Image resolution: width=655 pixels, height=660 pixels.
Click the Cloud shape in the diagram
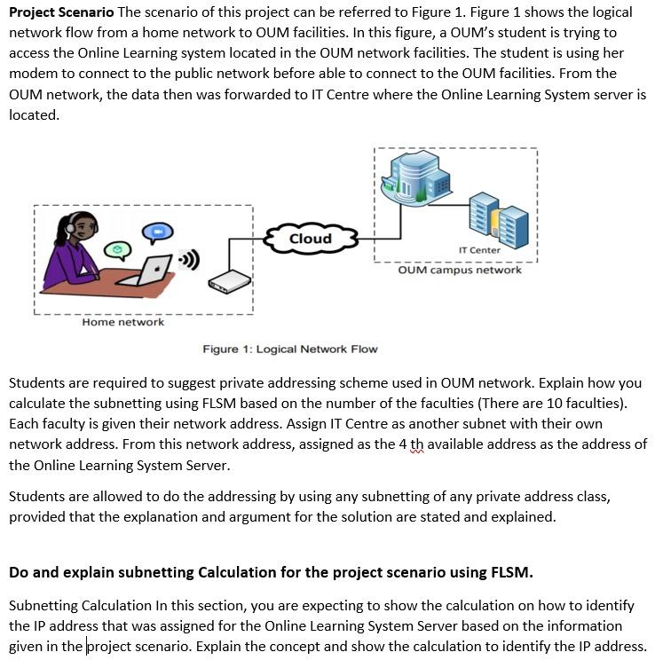coord(311,239)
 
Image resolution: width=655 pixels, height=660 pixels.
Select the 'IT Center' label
coord(479,250)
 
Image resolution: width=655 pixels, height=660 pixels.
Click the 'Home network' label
coord(122,322)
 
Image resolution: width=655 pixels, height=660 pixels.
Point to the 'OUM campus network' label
coord(460,270)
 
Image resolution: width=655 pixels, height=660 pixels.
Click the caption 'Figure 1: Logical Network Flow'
coord(290,350)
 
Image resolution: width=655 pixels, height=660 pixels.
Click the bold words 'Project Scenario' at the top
coord(61,12)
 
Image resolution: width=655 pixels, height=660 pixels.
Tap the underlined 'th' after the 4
coord(417,444)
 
